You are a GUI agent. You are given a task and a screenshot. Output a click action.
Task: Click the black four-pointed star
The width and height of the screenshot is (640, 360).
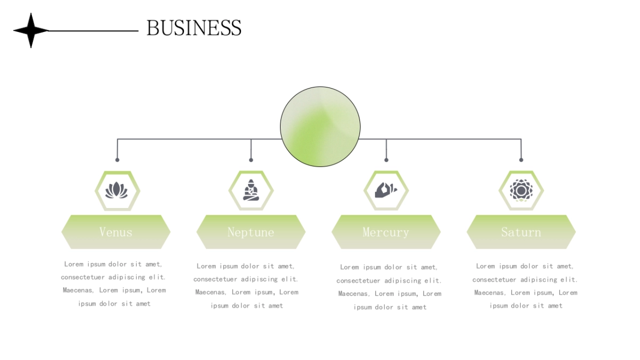[x=31, y=30]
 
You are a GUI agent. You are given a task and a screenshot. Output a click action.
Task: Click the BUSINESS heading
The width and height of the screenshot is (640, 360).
[x=194, y=28]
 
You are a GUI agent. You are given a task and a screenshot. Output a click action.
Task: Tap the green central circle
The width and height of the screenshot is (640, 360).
[x=320, y=126]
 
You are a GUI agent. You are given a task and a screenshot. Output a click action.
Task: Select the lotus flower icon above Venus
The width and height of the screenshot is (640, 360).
[x=117, y=190]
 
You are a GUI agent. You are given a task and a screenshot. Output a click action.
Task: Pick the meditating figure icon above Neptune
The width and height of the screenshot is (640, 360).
[x=251, y=190]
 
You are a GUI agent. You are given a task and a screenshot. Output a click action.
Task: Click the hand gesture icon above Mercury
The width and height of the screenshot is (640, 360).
[x=386, y=190]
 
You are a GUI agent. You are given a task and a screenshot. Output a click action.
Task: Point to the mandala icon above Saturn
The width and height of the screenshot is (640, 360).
[x=521, y=190]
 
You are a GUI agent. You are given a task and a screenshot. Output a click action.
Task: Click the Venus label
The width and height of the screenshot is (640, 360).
[x=116, y=232]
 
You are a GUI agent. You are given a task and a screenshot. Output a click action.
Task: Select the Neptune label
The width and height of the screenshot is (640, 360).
[x=251, y=232]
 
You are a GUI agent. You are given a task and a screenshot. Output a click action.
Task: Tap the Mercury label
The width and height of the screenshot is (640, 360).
[x=386, y=232]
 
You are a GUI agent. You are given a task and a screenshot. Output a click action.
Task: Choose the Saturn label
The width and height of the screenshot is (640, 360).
[x=521, y=232]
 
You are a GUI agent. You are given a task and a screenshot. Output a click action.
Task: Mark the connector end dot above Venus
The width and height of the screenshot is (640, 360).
[x=117, y=159]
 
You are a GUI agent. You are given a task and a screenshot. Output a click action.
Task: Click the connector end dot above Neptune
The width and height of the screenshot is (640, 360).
[x=251, y=159]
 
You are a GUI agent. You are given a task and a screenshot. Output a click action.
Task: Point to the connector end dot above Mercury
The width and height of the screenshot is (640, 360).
[x=386, y=159]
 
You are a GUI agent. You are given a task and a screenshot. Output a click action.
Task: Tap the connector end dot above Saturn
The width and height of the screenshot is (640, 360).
[x=521, y=159]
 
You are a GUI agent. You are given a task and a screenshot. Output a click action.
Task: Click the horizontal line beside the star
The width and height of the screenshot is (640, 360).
[x=93, y=31]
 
